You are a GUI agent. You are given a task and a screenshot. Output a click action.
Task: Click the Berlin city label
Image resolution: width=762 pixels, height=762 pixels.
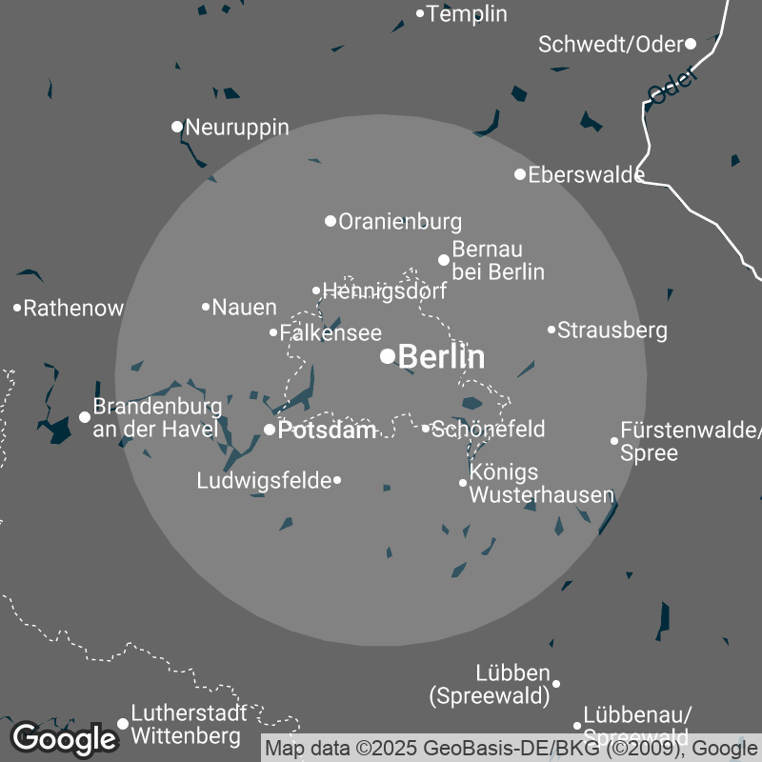[441, 357]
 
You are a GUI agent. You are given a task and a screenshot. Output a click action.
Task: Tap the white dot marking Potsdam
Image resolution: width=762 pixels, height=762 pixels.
[270, 430]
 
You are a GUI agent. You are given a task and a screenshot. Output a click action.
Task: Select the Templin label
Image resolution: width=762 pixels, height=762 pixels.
[467, 14]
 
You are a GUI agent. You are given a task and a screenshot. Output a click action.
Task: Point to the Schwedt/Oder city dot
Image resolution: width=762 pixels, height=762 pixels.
[691, 43]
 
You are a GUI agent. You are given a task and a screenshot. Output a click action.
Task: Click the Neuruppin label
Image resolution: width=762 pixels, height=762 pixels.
[237, 127]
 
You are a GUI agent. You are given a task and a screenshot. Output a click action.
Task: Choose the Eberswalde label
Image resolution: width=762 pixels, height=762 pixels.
[586, 174]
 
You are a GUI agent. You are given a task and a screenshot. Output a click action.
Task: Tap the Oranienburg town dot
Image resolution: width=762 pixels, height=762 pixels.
[331, 221]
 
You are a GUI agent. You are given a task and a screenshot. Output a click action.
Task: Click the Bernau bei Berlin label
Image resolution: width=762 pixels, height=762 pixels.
[497, 261]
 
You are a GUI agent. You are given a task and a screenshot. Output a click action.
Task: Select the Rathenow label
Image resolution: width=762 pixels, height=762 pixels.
[73, 309]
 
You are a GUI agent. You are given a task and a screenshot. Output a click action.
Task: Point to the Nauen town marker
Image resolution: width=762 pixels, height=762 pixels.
[206, 307]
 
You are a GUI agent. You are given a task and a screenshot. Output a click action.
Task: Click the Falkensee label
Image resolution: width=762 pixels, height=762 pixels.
[331, 333]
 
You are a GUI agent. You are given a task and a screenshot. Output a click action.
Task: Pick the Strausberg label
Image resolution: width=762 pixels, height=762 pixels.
[612, 331]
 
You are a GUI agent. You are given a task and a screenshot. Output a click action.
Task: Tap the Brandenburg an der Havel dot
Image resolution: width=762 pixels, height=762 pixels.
[85, 416]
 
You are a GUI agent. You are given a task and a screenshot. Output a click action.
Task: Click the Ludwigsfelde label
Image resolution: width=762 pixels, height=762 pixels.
[263, 481]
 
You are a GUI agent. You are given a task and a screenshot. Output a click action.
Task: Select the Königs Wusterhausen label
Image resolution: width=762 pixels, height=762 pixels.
[541, 484]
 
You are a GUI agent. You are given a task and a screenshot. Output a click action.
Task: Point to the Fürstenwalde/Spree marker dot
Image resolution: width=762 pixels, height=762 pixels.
[614, 440]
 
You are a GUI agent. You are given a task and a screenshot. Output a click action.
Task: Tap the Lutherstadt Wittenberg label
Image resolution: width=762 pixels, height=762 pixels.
[189, 724]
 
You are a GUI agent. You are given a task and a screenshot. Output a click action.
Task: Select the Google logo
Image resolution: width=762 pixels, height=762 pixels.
[64, 738]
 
